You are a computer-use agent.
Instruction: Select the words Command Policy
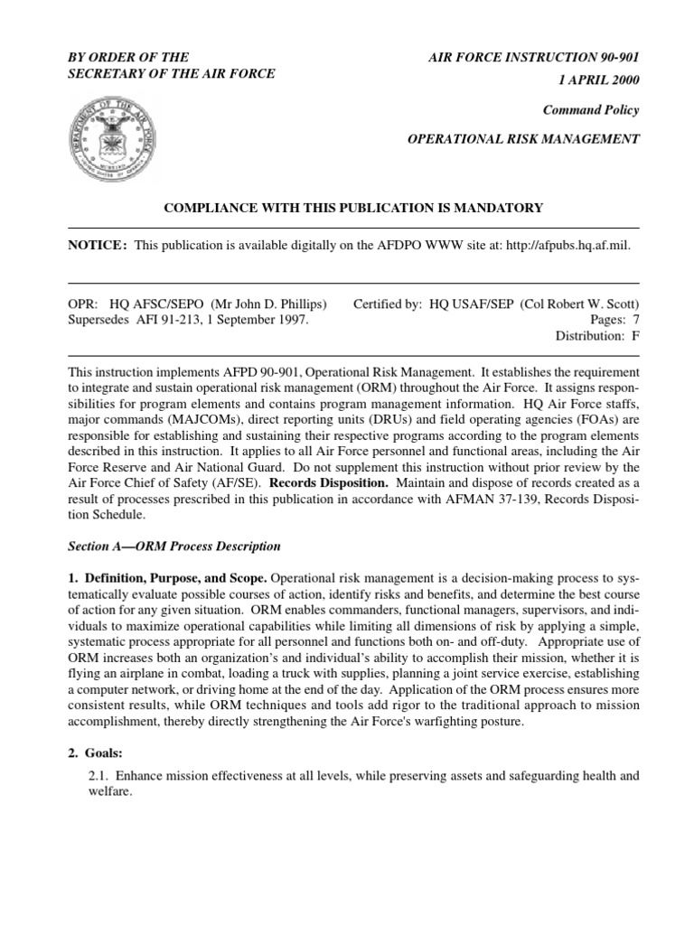(x=591, y=110)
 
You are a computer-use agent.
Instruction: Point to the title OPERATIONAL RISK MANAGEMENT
(x=524, y=139)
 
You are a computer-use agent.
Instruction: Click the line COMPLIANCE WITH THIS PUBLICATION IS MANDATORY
(x=352, y=208)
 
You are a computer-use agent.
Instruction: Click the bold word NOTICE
(x=98, y=247)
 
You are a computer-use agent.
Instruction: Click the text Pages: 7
(x=614, y=321)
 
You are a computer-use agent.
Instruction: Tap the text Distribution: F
(x=597, y=336)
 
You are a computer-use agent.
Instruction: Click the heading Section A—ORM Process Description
(x=174, y=547)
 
